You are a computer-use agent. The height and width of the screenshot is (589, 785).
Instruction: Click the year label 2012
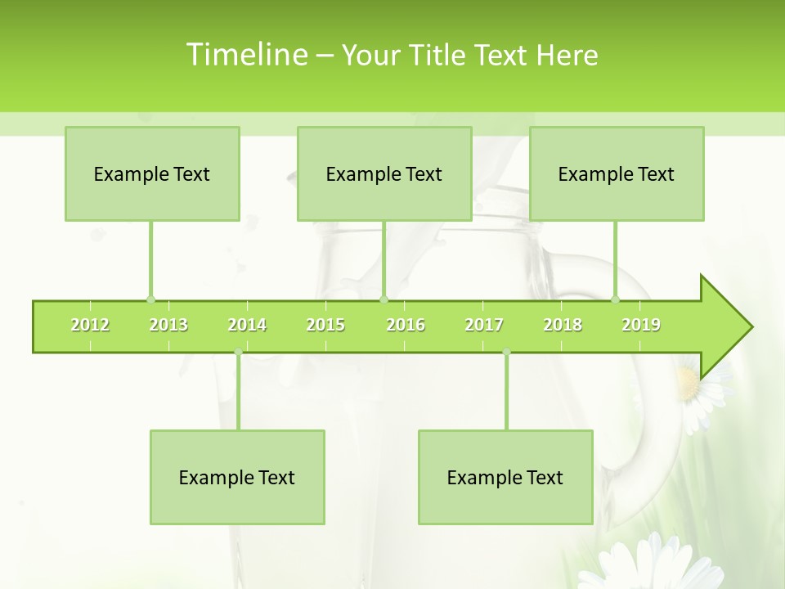point(90,325)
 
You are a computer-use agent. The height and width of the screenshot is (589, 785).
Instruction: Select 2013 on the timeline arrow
point(168,325)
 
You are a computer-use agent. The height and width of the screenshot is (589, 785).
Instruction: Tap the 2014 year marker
point(247,325)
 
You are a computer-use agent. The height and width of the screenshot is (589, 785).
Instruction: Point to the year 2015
point(325,325)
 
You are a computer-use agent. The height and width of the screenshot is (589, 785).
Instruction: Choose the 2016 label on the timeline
point(406,325)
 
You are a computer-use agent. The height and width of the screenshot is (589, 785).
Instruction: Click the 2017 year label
point(484,325)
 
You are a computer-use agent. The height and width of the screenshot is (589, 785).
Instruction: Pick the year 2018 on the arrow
point(563,325)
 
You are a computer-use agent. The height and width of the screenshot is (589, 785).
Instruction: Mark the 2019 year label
point(641,325)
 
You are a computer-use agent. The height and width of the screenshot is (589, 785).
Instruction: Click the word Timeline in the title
point(245,55)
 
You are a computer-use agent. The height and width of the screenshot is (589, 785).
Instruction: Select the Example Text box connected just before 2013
point(152,173)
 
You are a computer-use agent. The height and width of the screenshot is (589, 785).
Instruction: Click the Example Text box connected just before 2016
point(384,173)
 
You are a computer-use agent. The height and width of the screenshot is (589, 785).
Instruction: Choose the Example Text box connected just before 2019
point(617,173)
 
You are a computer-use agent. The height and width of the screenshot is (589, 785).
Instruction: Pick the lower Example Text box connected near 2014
point(237,477)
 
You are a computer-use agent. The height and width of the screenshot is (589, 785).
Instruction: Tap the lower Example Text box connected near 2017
point(505,477)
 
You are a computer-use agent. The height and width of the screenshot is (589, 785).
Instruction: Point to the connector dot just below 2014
point(238,353)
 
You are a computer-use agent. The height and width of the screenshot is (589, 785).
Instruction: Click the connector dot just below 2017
point(506,353)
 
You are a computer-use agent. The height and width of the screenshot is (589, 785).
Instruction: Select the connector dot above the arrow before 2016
point(384,299)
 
